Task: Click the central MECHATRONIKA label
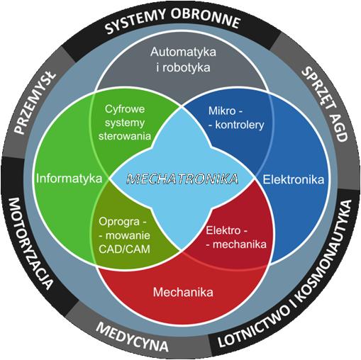click(182, 179)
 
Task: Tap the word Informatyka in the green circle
click(69, 179)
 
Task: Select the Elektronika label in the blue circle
click(294, 179)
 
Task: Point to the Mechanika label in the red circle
click(183, 292)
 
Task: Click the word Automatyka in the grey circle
click(183, 52)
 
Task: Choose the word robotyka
click(187, 67)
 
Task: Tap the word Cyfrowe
click(125, 109)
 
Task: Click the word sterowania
click(125, 136)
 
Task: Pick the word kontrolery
click(240, 125)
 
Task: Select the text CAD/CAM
click(124, 249)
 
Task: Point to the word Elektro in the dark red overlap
click(223, 230)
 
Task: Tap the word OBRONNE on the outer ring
click(206, 18)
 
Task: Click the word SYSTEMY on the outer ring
click(135, 22)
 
